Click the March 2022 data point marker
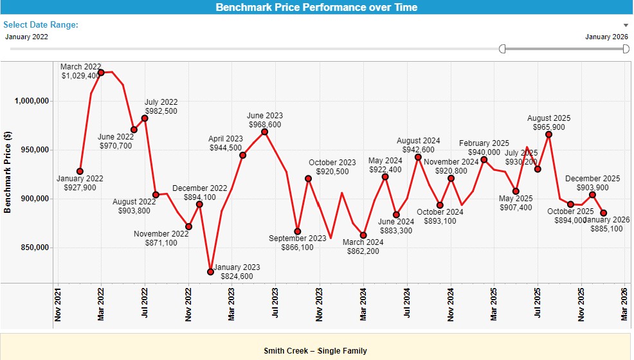click(x=101, y=73)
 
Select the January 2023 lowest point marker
click(x=210, y=272)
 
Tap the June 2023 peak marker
click(x=264, y=132)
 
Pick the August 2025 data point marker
click(x=548, y=134)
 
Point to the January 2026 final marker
click(x=603, y=213)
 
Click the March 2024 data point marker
click(x=363, y=235)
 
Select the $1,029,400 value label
click(x=80, y=76)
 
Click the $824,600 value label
click(x=237, y=276)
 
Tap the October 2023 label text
click(x=332, y=163)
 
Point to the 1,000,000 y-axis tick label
click(x=33, y=101)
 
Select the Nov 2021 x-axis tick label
click(x=57, y=303)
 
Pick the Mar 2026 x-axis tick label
click(x=625, y=303)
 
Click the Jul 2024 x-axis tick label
click(x=407, y=303)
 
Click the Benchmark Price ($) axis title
click(x=8, y=172)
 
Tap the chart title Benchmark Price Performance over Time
click(x=316, y=8)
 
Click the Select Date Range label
click(x=41, y=24)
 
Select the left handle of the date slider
click(x=502, y=49)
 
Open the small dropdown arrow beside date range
click(x=626, y=25)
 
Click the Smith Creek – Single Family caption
click(x=315, y=351)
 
